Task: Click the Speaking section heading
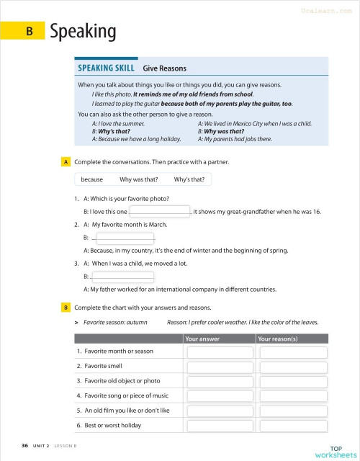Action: [83, 31]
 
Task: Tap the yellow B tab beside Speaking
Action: [29, 31]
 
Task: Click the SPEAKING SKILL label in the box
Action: [106, 68]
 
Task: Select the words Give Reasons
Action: [164, 68]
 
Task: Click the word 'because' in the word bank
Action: [91, 179]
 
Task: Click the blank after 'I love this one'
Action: [160, 211]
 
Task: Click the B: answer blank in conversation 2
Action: [124, 237]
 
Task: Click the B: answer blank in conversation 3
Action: [122, 276]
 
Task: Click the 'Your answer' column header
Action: [202, 339]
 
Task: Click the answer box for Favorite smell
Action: [220, 367]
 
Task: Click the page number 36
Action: [25, 447]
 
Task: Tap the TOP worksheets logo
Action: [335, 452]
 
